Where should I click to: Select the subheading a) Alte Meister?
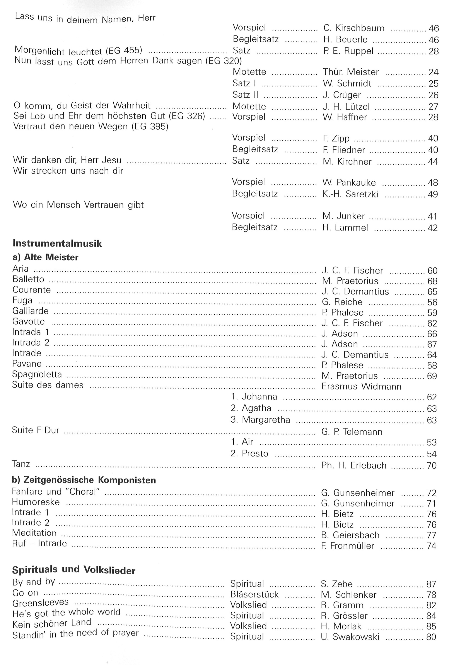click(45, 257)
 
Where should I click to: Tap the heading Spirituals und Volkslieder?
click(74, 569)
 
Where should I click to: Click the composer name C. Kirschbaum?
click(354, 28)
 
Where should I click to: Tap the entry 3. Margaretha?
click(260, 420)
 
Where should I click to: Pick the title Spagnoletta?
click(37, 374)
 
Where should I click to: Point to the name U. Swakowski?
click(350, 637)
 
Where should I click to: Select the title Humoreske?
click(36, 502)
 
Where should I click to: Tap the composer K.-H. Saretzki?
click(350, 194)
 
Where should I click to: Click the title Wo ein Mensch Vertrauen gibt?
click(78, 205)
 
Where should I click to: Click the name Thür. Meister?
click(351, 72)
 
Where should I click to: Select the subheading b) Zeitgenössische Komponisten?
click(84, 480)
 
